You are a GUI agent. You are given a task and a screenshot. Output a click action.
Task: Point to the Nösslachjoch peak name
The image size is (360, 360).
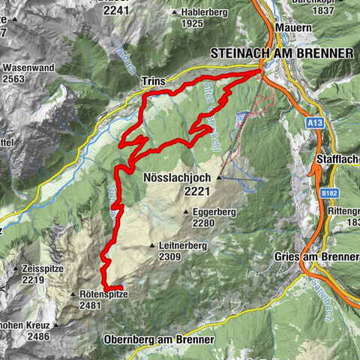coord(177,178)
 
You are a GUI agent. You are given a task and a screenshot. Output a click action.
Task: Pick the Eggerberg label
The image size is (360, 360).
coord(214,211)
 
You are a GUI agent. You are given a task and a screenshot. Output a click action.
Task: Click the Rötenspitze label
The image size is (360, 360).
coord(103,295)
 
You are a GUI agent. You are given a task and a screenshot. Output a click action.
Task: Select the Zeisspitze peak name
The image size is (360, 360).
coord(43,268)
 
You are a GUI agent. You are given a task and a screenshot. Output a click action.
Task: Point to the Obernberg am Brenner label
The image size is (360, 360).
coord(160,340)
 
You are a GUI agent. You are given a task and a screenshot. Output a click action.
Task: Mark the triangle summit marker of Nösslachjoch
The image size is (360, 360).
coord(219,178)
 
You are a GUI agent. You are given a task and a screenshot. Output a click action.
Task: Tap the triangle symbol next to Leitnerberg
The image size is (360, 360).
coord(151,245)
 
